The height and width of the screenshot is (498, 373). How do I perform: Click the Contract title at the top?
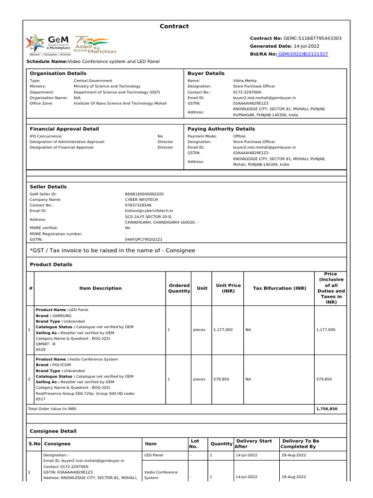click(174, 26)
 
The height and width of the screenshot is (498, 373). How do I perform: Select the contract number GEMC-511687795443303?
click(312, 38)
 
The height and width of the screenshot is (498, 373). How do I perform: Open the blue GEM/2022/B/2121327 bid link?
click(303, 54)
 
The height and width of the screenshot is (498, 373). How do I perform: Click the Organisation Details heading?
click(58, 73)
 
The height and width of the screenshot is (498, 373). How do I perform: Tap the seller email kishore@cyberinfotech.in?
click(149, 211)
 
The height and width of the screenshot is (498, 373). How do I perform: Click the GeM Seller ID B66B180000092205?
click(144, 194)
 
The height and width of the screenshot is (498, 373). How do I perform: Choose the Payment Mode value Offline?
click(239, 136)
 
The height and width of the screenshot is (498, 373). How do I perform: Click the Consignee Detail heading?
click(53, 431)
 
